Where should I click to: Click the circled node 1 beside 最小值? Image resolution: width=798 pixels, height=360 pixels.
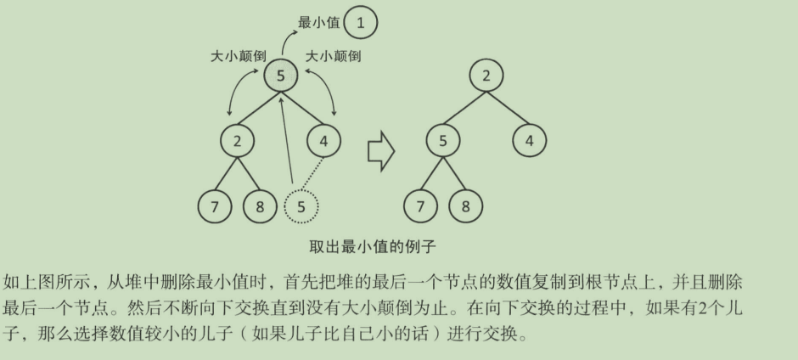click(x=361, y=23)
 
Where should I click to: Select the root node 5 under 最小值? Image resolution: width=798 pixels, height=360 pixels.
click(x=280, y=76)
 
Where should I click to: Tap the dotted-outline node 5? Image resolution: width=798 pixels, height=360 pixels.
click(x=301, y=205)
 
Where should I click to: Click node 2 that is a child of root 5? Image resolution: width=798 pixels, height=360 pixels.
click(x=237, y=141)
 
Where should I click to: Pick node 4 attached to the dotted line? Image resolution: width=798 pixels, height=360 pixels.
click(x=323, y=141)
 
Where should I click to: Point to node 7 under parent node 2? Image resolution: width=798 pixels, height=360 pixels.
click(x=215, y=205)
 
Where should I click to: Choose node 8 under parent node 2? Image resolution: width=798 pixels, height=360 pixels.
click(x=259, y=205)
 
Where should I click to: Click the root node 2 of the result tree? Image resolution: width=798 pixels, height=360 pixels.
click(x=486, y=76)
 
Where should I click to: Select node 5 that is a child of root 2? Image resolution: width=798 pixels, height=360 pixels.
click(x=442, y=141)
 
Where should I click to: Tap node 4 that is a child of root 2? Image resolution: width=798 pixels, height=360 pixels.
click(x=529, y=141)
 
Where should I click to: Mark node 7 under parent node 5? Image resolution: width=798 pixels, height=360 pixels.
click(x=420, y=205)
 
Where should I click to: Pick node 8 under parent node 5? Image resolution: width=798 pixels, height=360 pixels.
click(x=464, y=205)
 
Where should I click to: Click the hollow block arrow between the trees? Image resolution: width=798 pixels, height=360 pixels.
click(x=381, y=151)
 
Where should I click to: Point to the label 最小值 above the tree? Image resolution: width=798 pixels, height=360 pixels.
click(x=318, y=23)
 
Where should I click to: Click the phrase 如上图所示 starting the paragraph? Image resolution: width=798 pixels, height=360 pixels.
click(x=39, y=281)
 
